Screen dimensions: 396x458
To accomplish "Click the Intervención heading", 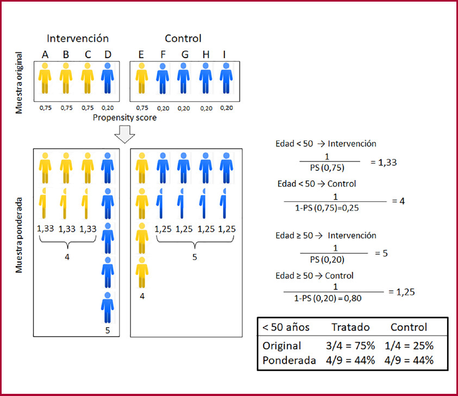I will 77,39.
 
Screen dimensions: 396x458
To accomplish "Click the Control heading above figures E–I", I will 183,39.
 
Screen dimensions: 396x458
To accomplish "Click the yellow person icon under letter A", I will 45,79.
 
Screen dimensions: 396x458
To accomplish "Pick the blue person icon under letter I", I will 225,79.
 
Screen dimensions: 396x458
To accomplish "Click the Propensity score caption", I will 124,117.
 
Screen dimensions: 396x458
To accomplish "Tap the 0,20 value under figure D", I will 107,108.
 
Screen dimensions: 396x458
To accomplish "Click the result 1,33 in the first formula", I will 384,162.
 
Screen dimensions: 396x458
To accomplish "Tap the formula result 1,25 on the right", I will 404,292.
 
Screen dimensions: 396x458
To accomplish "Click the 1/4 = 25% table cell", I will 412,346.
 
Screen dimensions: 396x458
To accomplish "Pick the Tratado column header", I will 350,327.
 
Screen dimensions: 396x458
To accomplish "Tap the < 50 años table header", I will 286,327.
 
